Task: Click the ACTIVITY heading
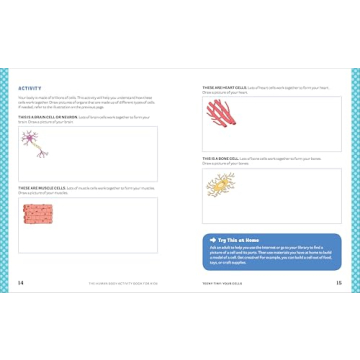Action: tap(30, 88)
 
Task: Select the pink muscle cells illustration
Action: tap(37, 212)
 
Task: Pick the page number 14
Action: tap(21, 283)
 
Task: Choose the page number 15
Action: tap(338, 283)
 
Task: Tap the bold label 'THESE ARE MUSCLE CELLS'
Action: tap(39, 187)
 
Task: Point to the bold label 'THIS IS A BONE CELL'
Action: tap(219, 158)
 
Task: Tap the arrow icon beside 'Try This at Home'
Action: tap(212, 240)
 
